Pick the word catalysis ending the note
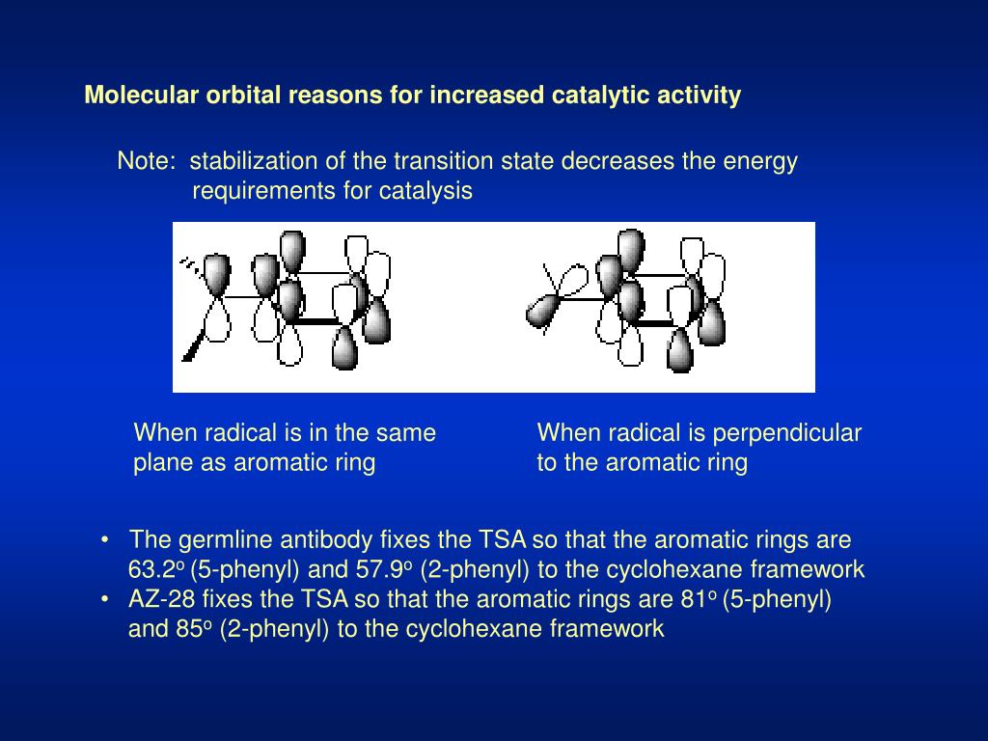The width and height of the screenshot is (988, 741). (431, 191)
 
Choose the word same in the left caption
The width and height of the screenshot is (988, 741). (410, 433)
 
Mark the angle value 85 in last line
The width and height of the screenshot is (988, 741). (189, 629)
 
